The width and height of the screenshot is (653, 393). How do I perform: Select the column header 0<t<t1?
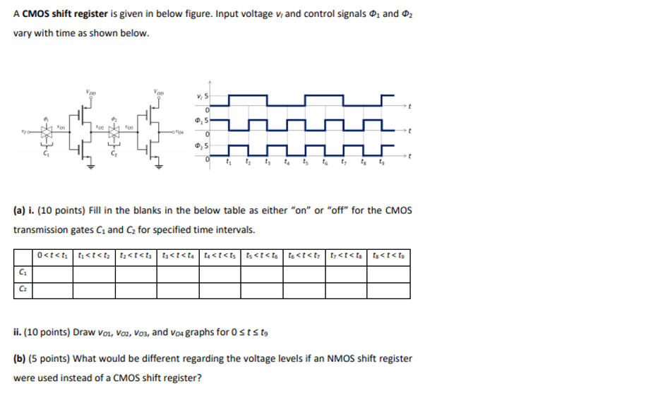pyautogui.click(x=54, y=255)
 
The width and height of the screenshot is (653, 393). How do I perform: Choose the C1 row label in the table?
pyautogui.click(x=23, y=273)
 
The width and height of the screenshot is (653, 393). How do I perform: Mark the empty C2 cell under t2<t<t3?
pyautogui.click(x=136, y=290)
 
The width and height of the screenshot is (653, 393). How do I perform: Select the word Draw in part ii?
pyautogui.click(x=83, y=332)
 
